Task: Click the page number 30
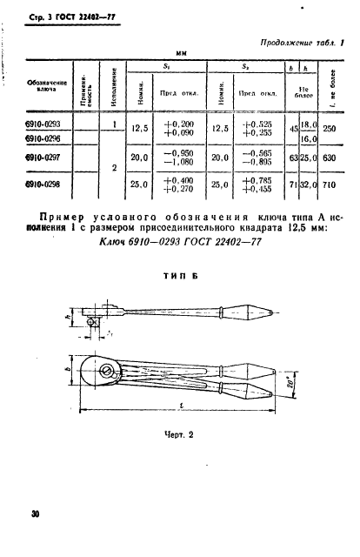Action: tap(36, 514)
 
